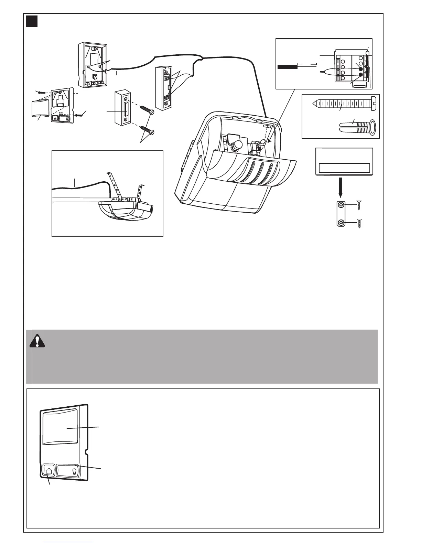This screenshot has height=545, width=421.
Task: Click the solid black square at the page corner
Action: (32, 21)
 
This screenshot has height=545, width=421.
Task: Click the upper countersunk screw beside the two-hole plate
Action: (358, 205)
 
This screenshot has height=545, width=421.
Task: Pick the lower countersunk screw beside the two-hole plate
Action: (358, 223)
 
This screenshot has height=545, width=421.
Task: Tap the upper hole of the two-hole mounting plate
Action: (341, 205)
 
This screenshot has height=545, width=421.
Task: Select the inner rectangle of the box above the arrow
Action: (344, 168)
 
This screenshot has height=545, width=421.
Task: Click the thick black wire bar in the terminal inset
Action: (287, 66)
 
